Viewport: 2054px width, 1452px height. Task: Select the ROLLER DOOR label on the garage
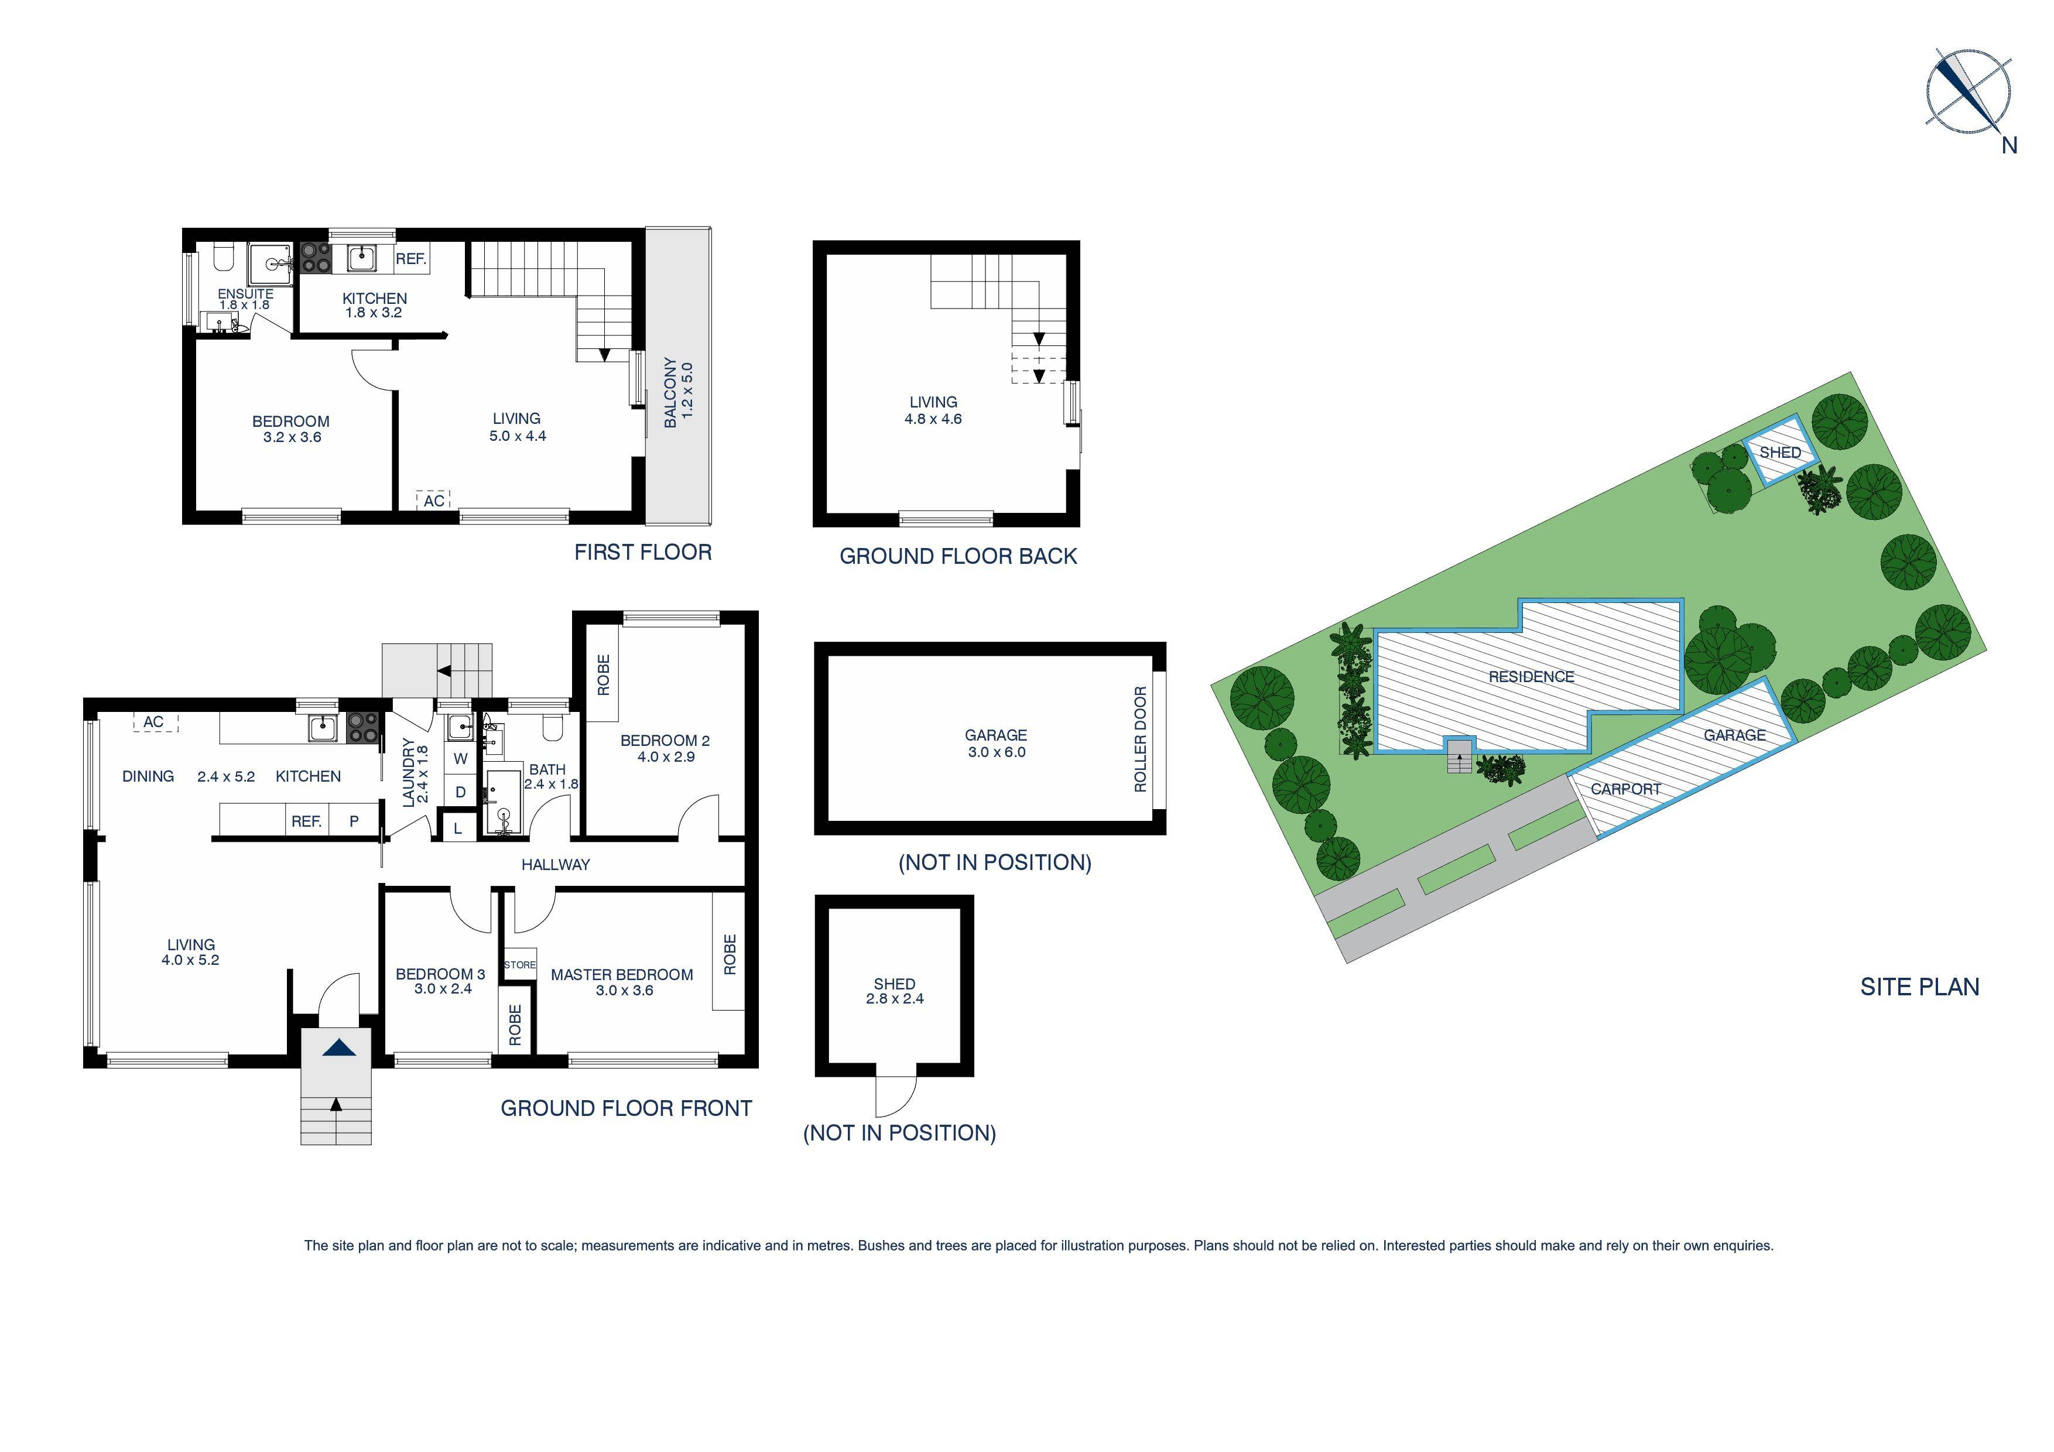click(x=1140, y=738)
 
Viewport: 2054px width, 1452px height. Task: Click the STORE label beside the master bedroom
click(x=520, y=964)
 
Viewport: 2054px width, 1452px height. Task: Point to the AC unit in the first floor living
click(x=434, y=500)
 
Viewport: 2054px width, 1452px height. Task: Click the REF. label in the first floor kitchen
click(x=410, y=259)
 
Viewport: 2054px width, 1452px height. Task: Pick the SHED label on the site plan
click(x=1779, y=453)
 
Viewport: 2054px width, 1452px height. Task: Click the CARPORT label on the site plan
click(x=1625, y=789)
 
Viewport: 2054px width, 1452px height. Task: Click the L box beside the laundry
click(x=458, y=828)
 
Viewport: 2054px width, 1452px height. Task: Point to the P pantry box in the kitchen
click(x=354, y=820)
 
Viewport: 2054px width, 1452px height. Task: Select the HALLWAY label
click(x=556, y=864)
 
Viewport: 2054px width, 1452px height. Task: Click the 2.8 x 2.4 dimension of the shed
click(x=895, y=998)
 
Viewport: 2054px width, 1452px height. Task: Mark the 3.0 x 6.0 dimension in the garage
click(x=997, y=752)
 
